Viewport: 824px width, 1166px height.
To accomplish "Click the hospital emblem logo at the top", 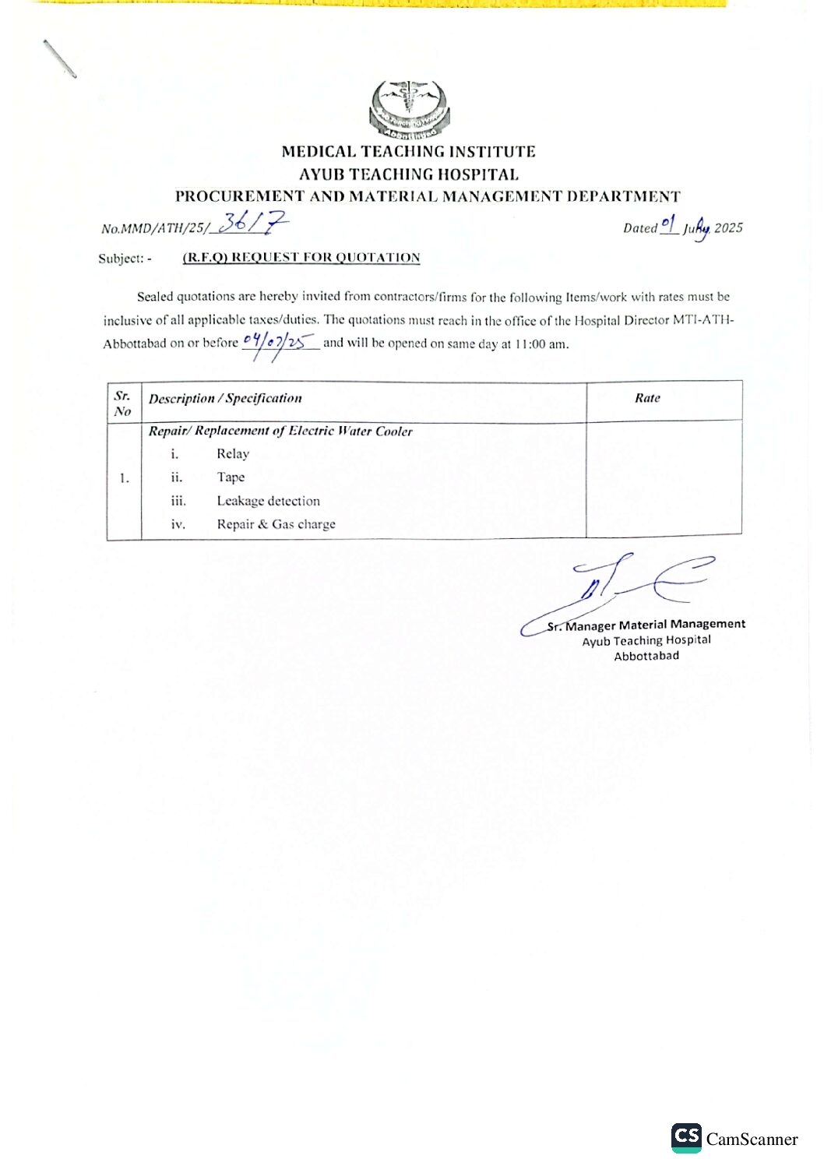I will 410,109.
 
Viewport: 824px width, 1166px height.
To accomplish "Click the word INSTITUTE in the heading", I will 491,152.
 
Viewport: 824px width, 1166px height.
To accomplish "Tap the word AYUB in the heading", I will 322,174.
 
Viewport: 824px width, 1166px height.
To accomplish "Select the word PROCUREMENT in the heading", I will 239,196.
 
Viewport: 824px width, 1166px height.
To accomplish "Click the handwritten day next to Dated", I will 669,225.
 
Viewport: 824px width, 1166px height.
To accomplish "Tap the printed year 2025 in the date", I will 728,228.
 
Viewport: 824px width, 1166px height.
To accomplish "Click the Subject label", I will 122,259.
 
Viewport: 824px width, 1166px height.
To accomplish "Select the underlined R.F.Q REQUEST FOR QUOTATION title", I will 301,258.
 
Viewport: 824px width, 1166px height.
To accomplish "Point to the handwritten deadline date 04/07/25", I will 279,342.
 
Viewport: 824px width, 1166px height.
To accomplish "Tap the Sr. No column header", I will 122,403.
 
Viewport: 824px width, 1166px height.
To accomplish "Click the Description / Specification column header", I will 225,399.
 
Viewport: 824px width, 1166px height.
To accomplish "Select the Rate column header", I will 647,398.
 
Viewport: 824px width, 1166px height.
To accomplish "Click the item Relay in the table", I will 233,454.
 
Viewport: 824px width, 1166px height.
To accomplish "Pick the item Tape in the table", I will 231,477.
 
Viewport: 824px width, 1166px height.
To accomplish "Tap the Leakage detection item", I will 268,501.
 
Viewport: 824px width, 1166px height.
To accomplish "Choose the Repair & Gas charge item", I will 276,524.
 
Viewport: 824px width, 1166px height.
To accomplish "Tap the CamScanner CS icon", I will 686,1137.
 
